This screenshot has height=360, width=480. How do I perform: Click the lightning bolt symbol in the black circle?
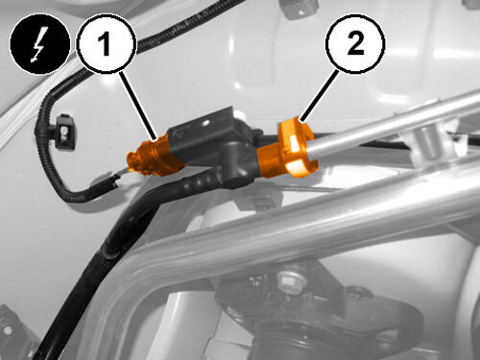coord(39,44)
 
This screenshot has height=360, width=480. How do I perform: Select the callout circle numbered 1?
coord(107,44)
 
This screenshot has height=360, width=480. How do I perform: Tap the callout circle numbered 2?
coord(354,44)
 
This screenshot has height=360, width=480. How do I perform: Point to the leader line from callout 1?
coord(139,107)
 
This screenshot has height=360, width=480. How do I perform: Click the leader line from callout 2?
coord(319,97)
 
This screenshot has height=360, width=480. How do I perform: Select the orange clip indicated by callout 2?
coord(287,150)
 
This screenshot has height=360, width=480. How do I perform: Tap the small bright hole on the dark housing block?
coord(204,122)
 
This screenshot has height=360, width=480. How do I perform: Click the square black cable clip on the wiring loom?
coord(64,132)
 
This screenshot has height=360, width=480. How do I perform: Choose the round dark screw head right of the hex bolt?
coord(358,292)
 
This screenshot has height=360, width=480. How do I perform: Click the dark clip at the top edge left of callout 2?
coord(299,9)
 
